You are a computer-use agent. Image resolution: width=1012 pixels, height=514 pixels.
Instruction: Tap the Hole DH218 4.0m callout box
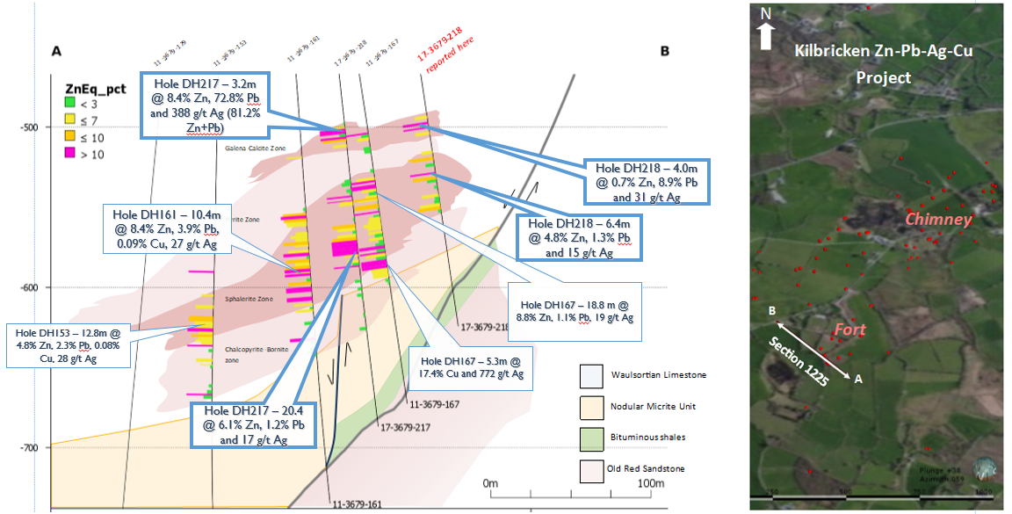tap(647, 182)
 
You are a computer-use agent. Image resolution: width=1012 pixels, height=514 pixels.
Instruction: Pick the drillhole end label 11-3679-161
tap(358, 505)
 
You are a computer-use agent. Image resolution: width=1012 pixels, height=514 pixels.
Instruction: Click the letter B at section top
tap(665, 51)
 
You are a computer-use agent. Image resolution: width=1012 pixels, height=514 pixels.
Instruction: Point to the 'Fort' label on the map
tap(849, 330)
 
